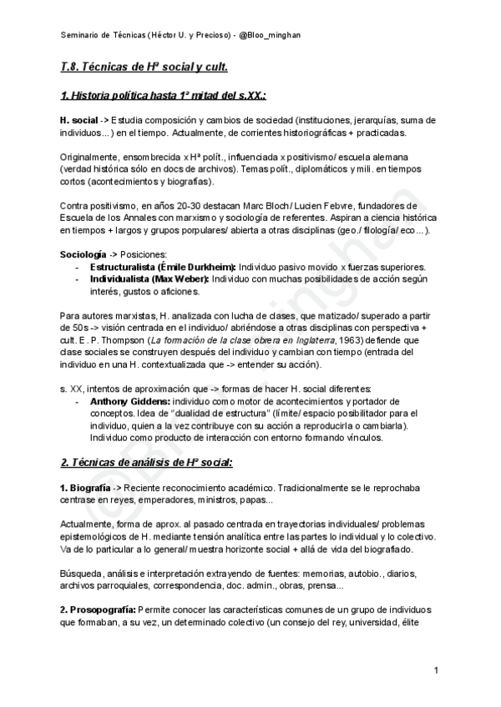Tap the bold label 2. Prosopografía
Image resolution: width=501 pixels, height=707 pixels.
tap(99, 609)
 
